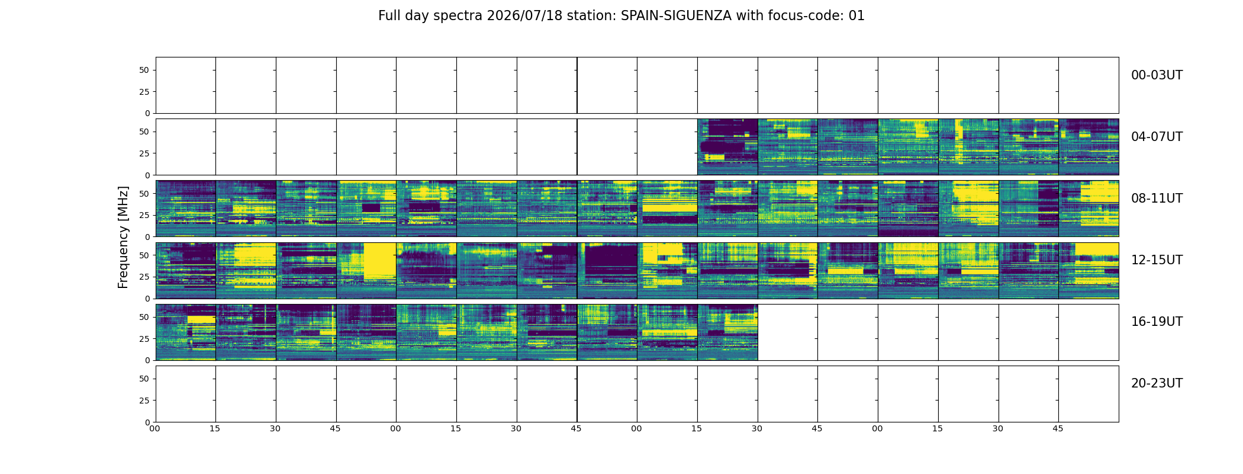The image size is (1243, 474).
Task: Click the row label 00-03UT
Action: pos(1157,75)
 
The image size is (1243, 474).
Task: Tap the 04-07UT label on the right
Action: pos(1157,137)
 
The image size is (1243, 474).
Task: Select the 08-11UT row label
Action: pos(1157,198)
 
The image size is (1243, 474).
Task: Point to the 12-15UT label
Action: pos(1157,260)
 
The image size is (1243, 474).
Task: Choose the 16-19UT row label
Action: pos(1157,322)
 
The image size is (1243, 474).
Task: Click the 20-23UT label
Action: pos(1157,383)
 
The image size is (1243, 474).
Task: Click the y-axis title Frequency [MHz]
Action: pos(123,237)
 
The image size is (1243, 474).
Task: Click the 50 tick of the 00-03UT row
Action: pos(144,70)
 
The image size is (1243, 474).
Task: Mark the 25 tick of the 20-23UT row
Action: pos(144,401)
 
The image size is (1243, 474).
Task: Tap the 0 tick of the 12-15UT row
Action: pos(147,299)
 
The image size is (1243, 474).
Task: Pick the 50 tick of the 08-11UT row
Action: pos(144,193)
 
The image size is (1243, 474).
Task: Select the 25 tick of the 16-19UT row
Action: pos(144,339)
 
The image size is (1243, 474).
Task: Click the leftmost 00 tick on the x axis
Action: pos(155,428)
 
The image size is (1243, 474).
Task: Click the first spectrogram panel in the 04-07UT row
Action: pos(727,147)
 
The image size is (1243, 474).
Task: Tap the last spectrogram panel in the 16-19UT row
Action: pos(727,332)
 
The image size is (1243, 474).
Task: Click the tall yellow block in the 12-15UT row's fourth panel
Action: pos(379,261)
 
